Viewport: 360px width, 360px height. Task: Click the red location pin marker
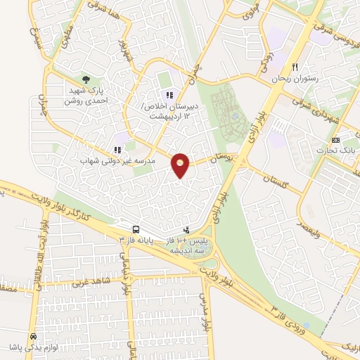coord(181,165)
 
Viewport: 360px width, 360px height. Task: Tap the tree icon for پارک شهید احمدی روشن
coord(86,79)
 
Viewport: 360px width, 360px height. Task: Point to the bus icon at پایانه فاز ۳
coord(134,229)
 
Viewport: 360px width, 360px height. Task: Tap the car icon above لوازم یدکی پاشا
coord(32,336)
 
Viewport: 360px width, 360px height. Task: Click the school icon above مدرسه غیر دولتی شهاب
coord(117,149)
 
